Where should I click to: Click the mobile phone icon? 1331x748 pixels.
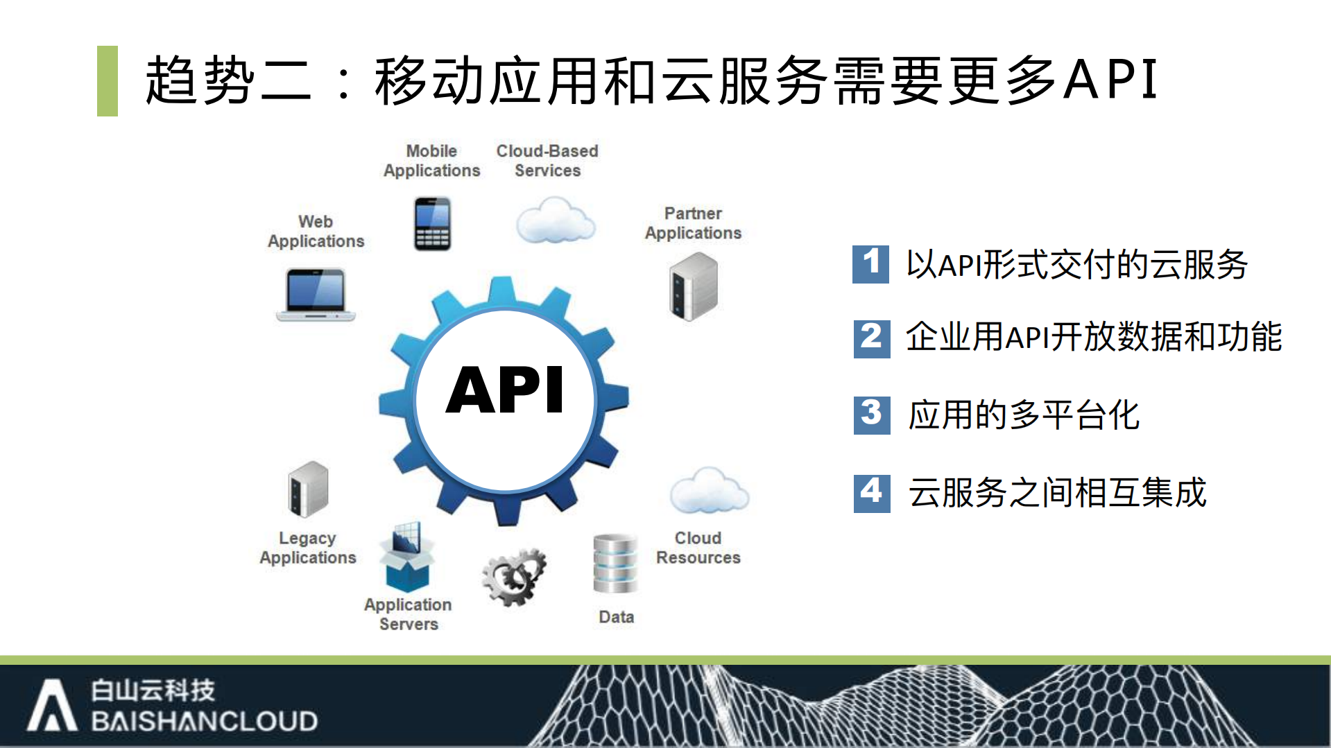pyautogui.click(x=433, y=223)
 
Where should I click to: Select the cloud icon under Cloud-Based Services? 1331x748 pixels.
pyautogui.click(x=556, y=220)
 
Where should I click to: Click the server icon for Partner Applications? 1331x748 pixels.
pyautogui.click(x=693, y=286)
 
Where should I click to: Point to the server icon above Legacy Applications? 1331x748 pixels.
pyautogui.click(x=308, y=489)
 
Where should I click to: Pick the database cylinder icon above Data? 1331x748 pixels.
pyautogui.click(x=615, y=563)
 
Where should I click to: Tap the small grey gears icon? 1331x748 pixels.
pyautogui.click(x=514, y=577)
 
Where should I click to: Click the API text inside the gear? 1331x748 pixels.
pyautogui.click(x=505, y=390)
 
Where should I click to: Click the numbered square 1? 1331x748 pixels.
pyautogui.click(x=870, y=264)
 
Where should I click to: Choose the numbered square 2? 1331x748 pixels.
pyautogui.click(x=872, y=338)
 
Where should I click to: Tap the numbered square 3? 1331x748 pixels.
pyautogui.click(x=872, y=415)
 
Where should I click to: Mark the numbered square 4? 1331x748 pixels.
pyautogui.click(x=872, y=493)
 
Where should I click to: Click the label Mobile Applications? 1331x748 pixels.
pyautogui.click(x=431, y=161)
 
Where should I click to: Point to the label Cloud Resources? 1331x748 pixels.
pyautogui.click(x=698, y=548)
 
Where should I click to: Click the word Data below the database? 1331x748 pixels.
pyautogui.click(x=616, y=617)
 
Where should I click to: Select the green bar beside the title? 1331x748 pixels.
pyautogui.click(x=108, y=81)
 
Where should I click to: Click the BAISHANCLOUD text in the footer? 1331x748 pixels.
pyautogui.click(x=204, y=722)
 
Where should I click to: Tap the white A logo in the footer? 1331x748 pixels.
pyautogui.click(x=52, y=705)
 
